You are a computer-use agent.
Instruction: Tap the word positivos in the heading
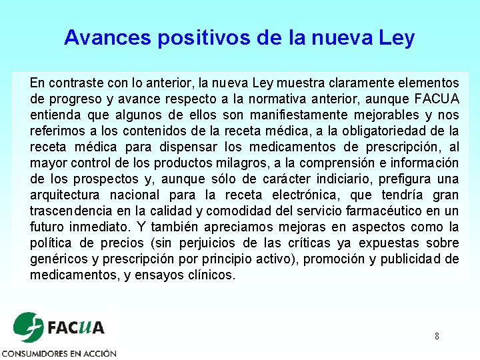[x=205, y=37]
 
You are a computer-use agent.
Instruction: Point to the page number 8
[x=437, y=336]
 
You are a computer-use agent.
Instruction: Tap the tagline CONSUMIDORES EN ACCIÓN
[x=59, y=353]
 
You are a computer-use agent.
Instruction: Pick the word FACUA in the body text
[x=437, y=99]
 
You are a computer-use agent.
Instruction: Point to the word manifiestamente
[x=308, y=115]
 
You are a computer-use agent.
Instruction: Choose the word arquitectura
[x=65, y=195]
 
